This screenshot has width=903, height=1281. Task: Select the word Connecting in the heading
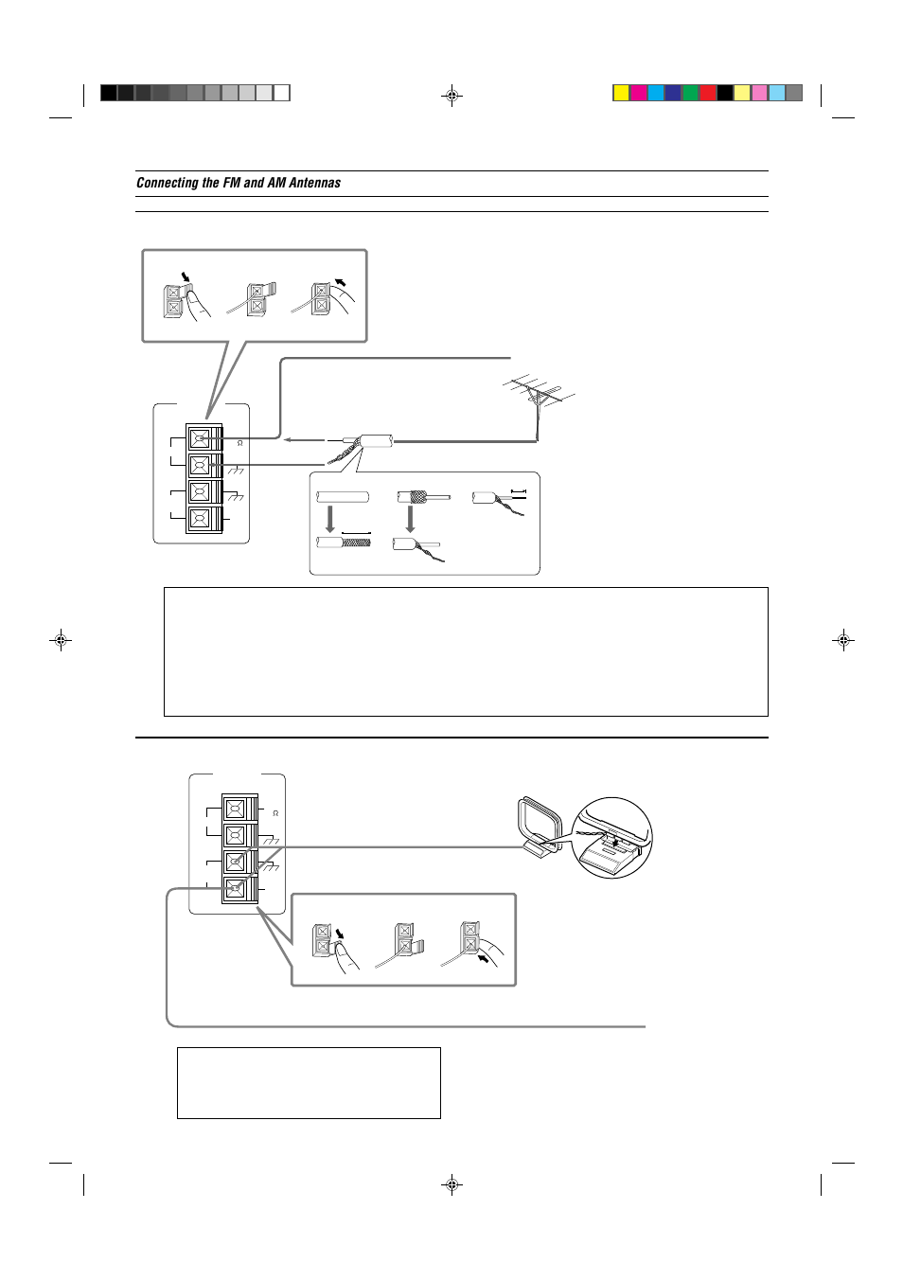point(168,183)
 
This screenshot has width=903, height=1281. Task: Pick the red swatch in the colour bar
point(708,93)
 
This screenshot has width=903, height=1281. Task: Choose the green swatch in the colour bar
point(690,93)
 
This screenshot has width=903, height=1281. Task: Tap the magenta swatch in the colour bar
point(639,93)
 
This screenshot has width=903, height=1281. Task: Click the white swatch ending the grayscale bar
point(282,93)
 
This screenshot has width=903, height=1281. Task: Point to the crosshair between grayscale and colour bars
point(452,96)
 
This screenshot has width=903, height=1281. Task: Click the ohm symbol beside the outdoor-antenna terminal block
point(239,443)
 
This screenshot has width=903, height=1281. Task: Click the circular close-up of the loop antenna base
point(614,838)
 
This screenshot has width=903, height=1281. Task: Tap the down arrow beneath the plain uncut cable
point(330,519)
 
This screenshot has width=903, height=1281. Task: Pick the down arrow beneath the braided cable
point(410,519)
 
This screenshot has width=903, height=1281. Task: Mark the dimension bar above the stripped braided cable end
point(356,533)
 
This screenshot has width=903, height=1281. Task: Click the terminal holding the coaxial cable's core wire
point(200,438)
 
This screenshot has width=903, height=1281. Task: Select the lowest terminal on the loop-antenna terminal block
point(235,889)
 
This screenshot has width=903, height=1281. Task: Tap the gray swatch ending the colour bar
point(794,93)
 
